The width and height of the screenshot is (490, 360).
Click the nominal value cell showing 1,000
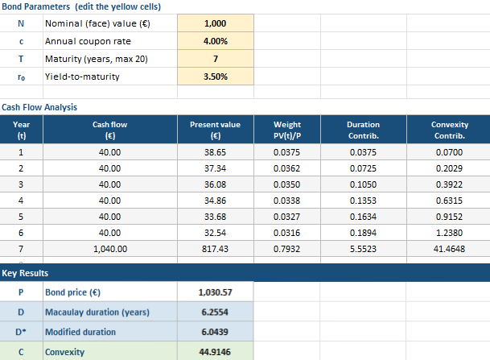click(x=215, y=23)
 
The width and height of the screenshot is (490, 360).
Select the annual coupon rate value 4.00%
click(x=215, y=40)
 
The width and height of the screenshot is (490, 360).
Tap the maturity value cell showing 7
click(x=215, y=59)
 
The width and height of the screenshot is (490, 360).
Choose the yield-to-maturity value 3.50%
click(x=215, y=77)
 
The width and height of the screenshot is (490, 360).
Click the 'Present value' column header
click(x=215, y=129)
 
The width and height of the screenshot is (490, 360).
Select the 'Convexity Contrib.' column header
click(x=449, y=129)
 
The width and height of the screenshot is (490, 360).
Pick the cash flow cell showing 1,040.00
click(x=110, y=250)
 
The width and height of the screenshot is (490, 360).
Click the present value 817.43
click(x=215, y=250)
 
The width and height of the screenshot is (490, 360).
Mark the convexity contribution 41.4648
click(x=449, y=250)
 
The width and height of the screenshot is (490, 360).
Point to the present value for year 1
click(x=215, y=151)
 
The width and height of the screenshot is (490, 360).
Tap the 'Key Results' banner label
click(x=25, y=273)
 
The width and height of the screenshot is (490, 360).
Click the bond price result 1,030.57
click(x=215, y=292)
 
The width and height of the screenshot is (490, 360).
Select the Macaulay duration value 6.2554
click(x=215, y=312)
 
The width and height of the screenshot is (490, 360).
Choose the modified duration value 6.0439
click(x=215, y=332)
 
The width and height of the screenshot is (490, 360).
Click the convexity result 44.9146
click(x=215, y=351)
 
